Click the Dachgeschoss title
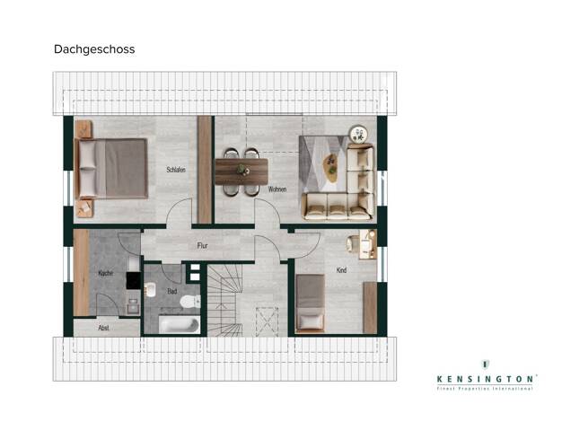pyautogui.click(x=94, y=49)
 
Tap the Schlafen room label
pyautogui.click(x=176, y=170)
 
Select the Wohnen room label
pyautogui.click(x=277, y=189)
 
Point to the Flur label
pyautogui.click(x=202, y=246)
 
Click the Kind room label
pyautogui.click(x=341, y=270)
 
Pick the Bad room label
pyautogui.click(x=172, y=291)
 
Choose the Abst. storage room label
pyautogui.click(x=103, y=328)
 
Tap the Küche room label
pyautogui.click(x=105, y=273)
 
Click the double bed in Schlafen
pyautogui.click(x=111, y=169)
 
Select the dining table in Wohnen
pyautogui.click(x=241, y=171)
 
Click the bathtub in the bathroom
pyautogui.click(x=180, y=325)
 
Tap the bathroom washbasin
pyautogui.click(x=151, y=290)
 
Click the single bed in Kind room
pyautogui.click(x=310, y=303)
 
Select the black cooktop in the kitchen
pyautogui.click(x=134, y=281)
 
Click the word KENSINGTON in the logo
pyautogui.click(x=485, y=379)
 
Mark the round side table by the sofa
pyautogui.click(x=359, y=134)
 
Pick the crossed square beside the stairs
pyautogui.click(x=267, y=321)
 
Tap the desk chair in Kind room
pyautogui.click(x=351, y=244)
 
